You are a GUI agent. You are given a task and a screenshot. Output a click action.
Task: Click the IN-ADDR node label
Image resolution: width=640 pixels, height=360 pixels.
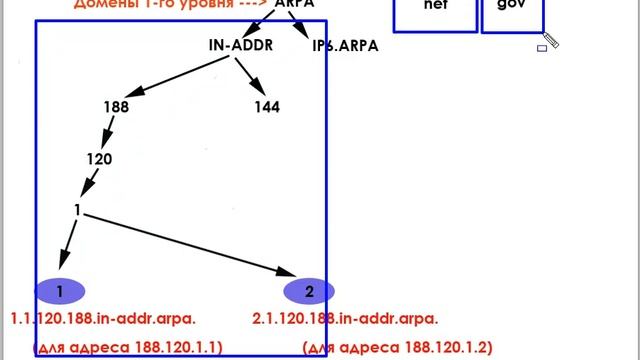pos(240,44)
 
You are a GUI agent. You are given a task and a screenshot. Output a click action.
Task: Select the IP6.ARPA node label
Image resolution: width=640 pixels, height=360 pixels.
pos(345,45)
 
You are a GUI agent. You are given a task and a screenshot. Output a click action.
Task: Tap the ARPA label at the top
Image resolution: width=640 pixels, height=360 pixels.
pos(295,5)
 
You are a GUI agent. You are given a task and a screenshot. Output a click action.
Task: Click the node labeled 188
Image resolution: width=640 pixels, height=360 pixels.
pos(115,107)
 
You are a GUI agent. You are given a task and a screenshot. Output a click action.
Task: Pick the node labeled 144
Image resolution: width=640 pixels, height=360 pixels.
pos(267,107)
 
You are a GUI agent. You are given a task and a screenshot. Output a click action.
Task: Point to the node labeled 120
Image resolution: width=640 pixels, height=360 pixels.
pos(99,158)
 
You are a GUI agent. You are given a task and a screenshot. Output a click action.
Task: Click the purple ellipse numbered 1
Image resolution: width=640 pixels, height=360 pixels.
pos(60,291)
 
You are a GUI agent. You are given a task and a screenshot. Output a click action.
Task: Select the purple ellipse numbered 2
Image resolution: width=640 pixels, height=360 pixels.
pos(309,291)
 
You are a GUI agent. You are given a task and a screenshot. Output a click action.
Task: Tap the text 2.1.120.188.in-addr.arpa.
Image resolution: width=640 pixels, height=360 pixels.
pos(346,319)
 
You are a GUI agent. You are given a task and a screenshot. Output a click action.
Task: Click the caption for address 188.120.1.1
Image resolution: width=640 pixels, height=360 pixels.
pos(128,347)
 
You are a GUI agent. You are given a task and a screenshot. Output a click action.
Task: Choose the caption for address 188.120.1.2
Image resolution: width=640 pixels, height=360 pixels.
pos(397,347)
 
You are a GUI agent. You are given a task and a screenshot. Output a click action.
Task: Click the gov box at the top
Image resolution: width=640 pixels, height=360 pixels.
pos(512,12)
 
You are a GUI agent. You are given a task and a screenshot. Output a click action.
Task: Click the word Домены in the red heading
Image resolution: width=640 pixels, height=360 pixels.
pos(103,5)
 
